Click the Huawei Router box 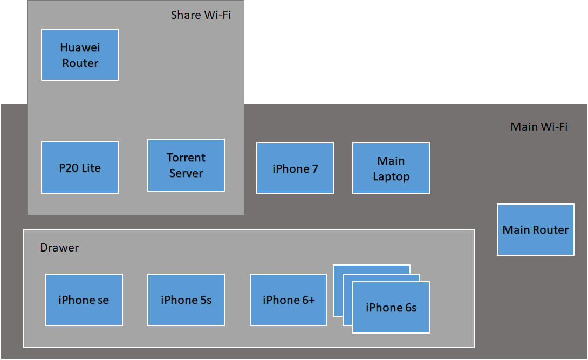click(x=80, y=55)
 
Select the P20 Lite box click(x=80, y=168)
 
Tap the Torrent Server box click(x=186, y=165)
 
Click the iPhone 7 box click(x=295, y=168)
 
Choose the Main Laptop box click(x=391, y=168)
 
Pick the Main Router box click(x=536, y=229)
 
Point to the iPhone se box click(x=84, y=300)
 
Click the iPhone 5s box click(x=186, y=300)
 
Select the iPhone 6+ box click(x=289, y=300)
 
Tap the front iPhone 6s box click(x=391, y=308)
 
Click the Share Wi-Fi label click(x=201, y=15)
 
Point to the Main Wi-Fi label click(x=539, y=127)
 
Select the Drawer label click(x=59, y=248)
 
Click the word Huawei click(x=80, y=47)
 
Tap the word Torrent click(x=186, y=158)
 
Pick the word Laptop click(x=391, y=176)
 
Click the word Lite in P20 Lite click(x=91, y=168)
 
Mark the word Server click(x=186, y=173)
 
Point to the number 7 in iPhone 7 click(x=314, y=168)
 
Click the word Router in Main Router click(x=551, y=229)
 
